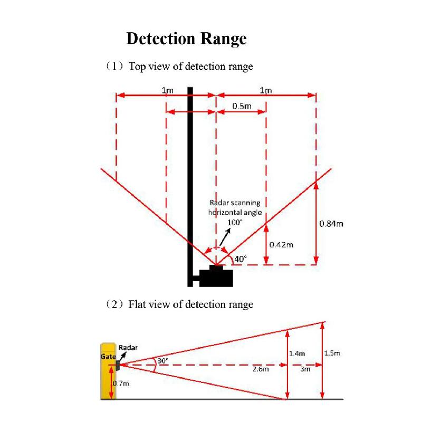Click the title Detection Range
tap(186, 39)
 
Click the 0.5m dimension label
tap(242, 106)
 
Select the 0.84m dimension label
tap(331, 224)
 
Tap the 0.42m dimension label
tap(281, 245)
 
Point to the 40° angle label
tap(240, 258)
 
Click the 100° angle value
tap(234, 223)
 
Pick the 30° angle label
tap(162, 361)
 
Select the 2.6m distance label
tap(261, 369)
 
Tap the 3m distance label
tap(305, 369)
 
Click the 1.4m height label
tap(297, 353)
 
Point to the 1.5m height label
tap(332, 353)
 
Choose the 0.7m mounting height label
tap(121, 383)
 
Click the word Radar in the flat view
tap(128, 348)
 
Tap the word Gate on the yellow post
tap(108, 357)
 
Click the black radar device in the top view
tap(216, 276)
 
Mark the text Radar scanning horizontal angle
tap(235, 207)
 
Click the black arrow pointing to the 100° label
tap(225, 237)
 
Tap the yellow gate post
tap(108, 371)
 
